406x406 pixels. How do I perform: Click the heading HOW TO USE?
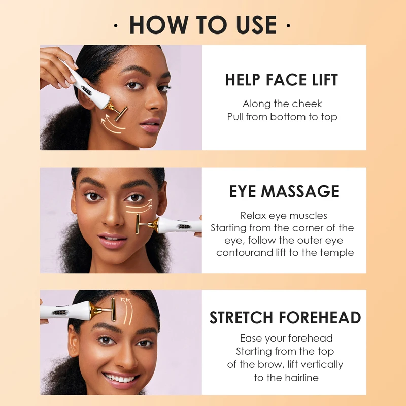tap(203, 25)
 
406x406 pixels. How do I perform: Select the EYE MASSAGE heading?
tap(284, 191)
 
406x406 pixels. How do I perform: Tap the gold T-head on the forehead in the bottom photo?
tap(110, 313)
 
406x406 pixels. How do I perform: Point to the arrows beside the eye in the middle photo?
tap(140, 206)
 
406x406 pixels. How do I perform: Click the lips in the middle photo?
tap(112, 240)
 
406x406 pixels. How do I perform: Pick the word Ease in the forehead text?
tap(251, 338)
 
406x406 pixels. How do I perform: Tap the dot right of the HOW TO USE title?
tap(288, 25)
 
